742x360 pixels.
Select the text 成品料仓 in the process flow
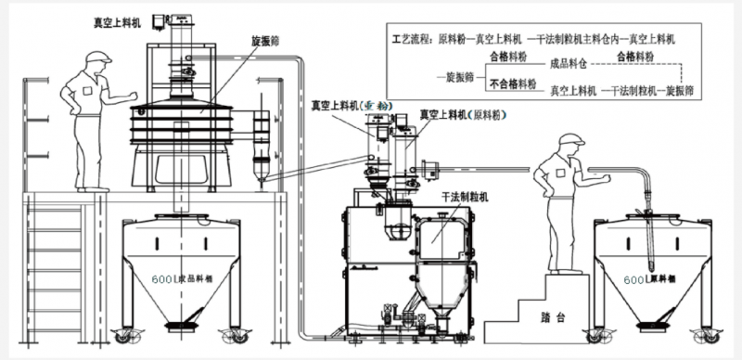click(x=569, y=65)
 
